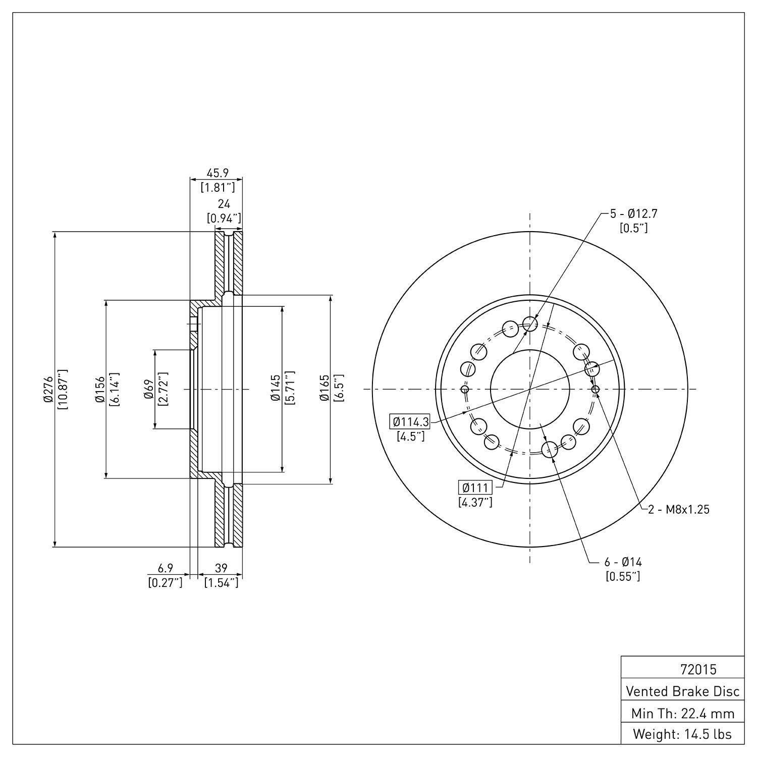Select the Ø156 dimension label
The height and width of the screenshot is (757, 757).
coord(101,389)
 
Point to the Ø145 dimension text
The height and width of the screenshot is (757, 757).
coord(276,389)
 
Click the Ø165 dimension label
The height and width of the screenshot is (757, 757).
coord(325,389)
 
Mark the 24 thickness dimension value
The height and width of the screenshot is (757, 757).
coord(224,204)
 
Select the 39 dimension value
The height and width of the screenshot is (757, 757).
coord(221,568)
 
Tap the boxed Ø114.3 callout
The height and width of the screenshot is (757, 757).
coord(410,421)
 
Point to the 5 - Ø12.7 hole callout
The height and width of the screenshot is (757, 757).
coord(634,213)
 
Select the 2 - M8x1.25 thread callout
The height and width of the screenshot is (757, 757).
coord(679,510)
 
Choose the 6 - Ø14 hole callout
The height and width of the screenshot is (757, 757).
coord(623,562)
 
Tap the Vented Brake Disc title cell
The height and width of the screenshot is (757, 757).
coord(682,691)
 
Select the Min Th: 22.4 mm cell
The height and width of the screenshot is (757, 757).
coord(682,713)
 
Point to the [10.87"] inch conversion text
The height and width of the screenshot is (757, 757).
coord(63,389)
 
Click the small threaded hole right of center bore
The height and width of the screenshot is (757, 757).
coord(596,389)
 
